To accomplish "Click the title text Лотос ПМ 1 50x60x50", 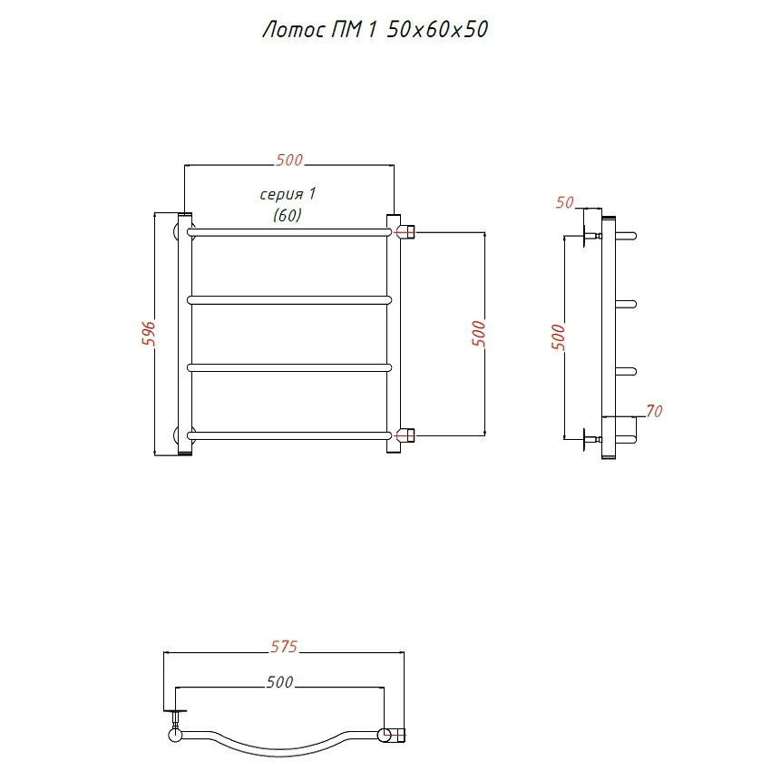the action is pos(376,30).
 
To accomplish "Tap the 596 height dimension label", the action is pos(149,334).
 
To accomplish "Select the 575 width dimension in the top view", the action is pos(284,647).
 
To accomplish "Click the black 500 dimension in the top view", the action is pos(279,682).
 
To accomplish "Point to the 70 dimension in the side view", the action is pos(655,411).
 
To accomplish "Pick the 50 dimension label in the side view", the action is pos(565,202).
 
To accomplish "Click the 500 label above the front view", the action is pos(289,160).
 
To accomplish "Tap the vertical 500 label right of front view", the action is pos(478,334).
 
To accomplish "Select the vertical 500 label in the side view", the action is pos(558,337).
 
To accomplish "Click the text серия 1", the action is pos(288,194).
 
